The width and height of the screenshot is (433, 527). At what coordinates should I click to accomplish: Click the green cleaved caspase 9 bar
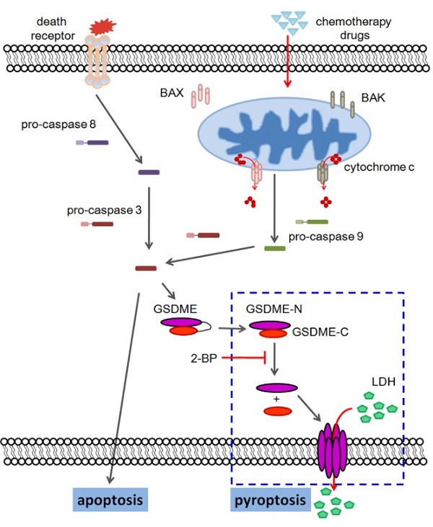(x=274, y=249)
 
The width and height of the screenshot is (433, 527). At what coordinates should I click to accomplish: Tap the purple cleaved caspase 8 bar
(x=149, y=172)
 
